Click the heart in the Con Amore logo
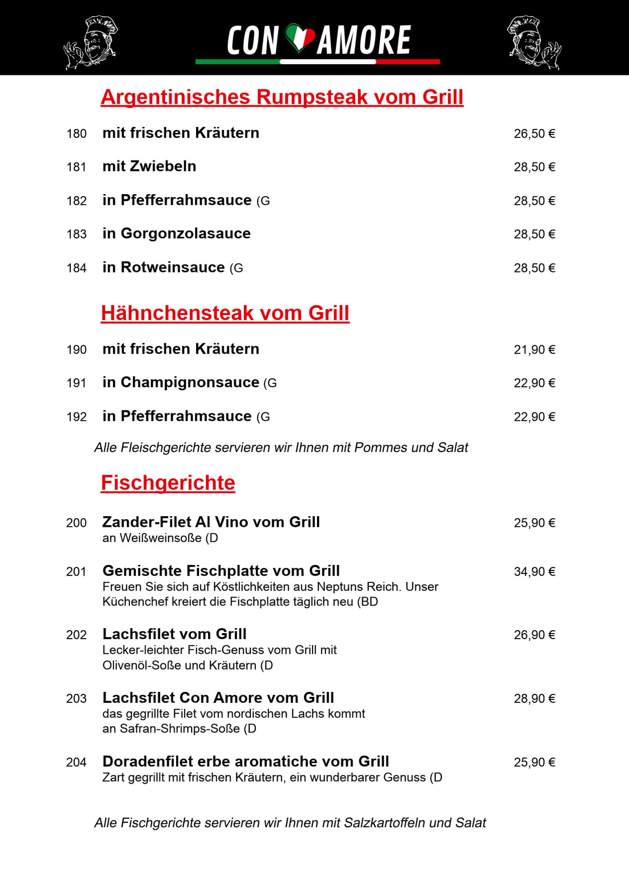(x=300, y=38)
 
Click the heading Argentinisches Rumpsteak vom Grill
(x=282, y=97)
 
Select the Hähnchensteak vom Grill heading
(x=225, y=313)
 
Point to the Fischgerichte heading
(x=168, y=483)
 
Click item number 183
(x=76, y=234)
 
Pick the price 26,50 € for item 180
(x=534, y=134)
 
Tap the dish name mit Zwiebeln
(x=149, y=167)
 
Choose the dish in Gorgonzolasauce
(x=177, y=234)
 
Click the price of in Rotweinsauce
(x=534, y=268)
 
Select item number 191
(x=76, y=383)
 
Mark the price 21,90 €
(x=534, y=350)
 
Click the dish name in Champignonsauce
(x=181, y=382)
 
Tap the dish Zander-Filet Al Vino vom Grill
(x=211, y=522)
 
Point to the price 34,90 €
(x=534, y=571)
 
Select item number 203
(x=76, y=698)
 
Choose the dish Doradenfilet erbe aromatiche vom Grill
(x=246, y=762)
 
